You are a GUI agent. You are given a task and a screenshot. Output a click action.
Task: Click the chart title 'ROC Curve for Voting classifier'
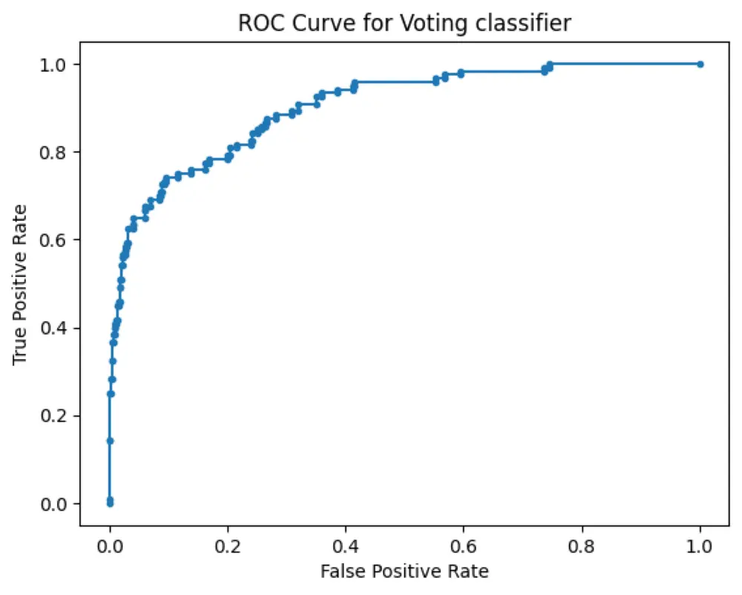click(404, 23)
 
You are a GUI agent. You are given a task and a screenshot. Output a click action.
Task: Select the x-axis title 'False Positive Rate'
click(404, 571)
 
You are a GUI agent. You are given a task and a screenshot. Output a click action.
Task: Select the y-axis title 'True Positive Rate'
click(20, 284)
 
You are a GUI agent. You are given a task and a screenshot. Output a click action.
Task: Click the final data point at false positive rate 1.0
click(700, 65)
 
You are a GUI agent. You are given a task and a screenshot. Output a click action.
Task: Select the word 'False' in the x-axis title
click(338, 571)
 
